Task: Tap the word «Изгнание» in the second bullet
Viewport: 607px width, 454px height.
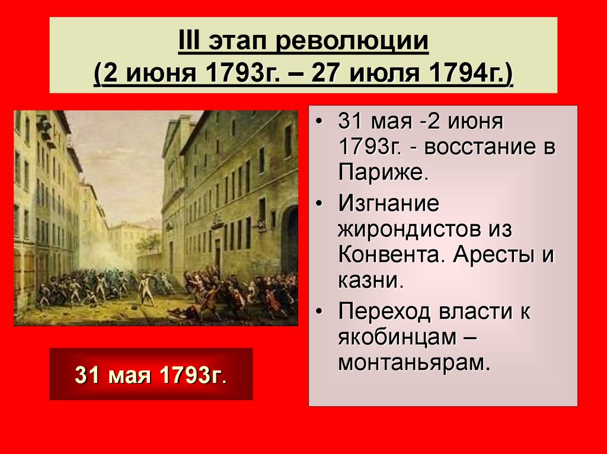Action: coord(389,204)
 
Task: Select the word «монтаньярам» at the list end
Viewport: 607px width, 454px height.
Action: coord(413,362)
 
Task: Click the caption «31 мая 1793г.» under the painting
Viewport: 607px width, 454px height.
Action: coord(151,375)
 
